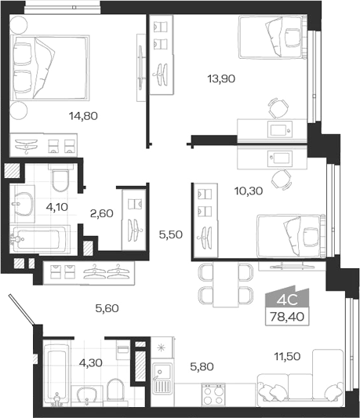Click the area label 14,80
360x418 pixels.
coord(83,116)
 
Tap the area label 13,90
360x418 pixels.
coord(221,79)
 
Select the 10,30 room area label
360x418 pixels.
coord(249,191)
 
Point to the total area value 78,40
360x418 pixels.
coord(287,317)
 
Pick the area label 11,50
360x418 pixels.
coord(288,356)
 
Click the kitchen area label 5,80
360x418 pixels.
coord(202,367)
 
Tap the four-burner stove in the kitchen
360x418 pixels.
coord(213,394)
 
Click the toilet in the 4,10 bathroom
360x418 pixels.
coord(60,178)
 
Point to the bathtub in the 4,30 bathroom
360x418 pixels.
coord(56,376)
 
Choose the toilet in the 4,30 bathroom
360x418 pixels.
coord(115,391)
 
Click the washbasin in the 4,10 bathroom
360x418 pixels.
coord(24,204)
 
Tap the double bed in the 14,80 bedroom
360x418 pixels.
coord(49,67)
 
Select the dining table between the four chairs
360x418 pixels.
coord(226,284)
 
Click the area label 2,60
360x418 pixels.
coord(102,213)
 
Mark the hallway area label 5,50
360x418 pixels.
coord(171,234)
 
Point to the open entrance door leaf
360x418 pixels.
coord(22,310)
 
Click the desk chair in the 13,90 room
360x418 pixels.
coord(278,107)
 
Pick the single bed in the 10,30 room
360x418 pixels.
coord(291,236)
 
